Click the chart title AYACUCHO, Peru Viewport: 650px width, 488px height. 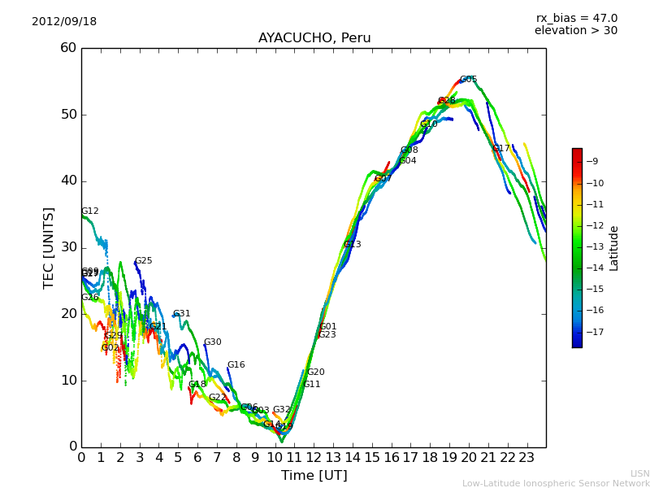314,38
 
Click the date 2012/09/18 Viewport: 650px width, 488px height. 64,22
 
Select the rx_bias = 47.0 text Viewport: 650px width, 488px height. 576,19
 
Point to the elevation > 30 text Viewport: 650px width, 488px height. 575,31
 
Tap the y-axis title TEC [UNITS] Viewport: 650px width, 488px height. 49,247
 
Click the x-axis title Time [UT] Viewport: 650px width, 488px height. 314,476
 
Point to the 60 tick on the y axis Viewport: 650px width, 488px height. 67,48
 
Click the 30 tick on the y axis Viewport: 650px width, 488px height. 67,247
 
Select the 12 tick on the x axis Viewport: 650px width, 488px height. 314,457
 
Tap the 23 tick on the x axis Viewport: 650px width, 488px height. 526,457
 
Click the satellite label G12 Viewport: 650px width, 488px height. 89,211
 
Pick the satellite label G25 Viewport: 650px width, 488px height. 143,261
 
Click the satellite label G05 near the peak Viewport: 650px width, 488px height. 468,80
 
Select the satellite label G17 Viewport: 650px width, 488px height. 500,149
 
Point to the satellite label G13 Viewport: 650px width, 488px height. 352,245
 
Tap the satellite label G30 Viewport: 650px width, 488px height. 212,342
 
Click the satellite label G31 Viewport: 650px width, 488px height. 181,314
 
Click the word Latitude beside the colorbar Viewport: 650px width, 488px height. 614,248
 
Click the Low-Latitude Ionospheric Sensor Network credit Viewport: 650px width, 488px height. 556,483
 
